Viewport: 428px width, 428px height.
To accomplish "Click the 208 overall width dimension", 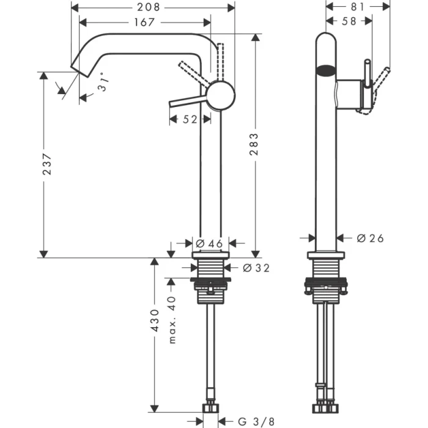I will (x=148, y=7).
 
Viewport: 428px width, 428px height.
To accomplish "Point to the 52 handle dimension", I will (x=190, y=120).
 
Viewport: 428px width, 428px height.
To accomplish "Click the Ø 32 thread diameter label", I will (x=256, y=267).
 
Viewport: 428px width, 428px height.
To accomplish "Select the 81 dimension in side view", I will (x=358, y=7).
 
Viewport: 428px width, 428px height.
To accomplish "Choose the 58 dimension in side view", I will (x=349, y=21).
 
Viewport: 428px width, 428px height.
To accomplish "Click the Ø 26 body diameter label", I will (x=369, y=238).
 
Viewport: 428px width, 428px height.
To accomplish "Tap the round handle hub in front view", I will (x=220, y=97).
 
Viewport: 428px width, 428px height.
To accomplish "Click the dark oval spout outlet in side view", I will (x=327, y=70).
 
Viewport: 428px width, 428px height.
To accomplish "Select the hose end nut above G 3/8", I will (x=211, y=408).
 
